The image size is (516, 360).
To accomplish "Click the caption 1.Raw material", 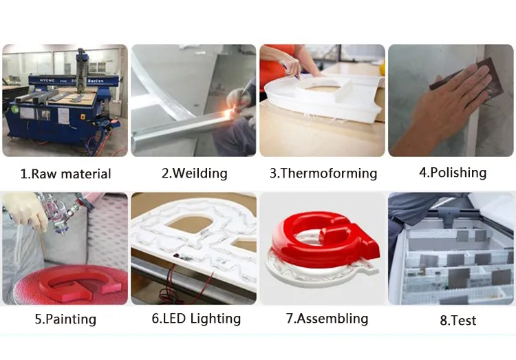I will pyautogui.click(x=65, y=174).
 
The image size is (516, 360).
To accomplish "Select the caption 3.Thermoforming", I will pyautogui.click(x=323, y=173).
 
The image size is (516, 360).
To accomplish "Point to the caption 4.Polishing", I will pyautogui.click(x=452, y=172).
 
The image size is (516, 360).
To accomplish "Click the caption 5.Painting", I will pyautogui.click(x=65, y=319).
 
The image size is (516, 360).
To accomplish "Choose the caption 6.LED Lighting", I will pyautogui.click(x=195, y=319).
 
